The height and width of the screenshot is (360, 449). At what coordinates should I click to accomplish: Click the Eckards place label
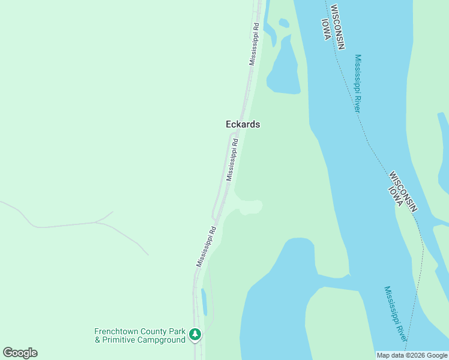pos(243,124)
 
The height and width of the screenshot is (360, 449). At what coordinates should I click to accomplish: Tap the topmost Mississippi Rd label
pos(255,44)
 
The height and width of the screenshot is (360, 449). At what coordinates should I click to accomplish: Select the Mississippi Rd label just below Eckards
pos(232,160)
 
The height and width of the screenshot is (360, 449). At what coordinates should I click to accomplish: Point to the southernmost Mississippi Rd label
pos(205,246)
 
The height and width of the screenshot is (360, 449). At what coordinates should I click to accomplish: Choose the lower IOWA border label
pos(395,196)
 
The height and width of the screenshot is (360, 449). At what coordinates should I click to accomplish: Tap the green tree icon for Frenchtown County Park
pos(194,334)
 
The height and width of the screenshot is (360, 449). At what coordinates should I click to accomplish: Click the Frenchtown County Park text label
pos(140,331)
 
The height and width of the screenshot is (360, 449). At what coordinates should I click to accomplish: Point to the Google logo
pos(20,353)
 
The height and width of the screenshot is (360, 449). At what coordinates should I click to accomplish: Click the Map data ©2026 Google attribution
pos(412,355)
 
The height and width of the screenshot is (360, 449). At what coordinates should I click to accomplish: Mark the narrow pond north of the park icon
pos(204,302)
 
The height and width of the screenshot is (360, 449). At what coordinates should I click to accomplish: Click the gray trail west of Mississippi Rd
pos(72,224)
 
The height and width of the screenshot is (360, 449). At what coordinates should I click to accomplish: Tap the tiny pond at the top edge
pos(284,23)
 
